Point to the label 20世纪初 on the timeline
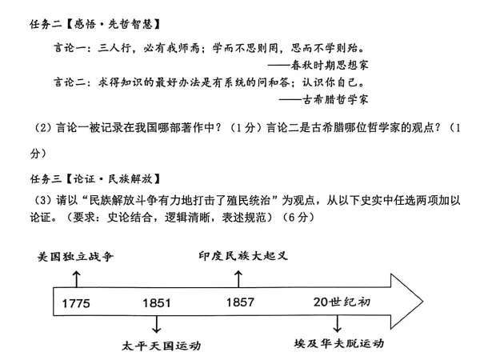[x=343, y=302]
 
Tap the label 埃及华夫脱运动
[x=339, y=343]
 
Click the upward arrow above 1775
[x=76, y=278]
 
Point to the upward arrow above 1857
[x=238, y=278]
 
